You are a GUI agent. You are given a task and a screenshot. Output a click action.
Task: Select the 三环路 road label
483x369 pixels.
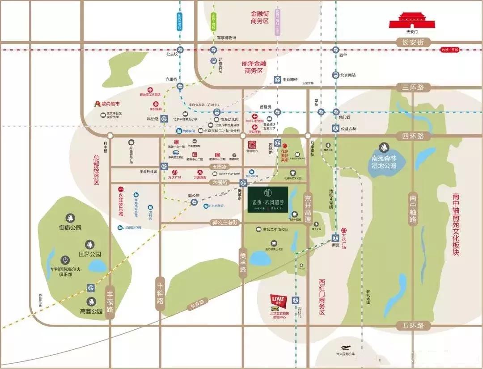click(412, 87)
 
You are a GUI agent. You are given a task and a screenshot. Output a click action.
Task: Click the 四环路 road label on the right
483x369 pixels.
click(412, 136)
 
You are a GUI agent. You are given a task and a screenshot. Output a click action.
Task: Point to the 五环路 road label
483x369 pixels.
click(412, 326)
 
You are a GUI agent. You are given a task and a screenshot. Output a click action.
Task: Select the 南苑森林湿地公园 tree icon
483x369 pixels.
click(384, 147)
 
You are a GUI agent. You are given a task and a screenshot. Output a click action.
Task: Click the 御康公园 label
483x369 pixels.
click(70, 227)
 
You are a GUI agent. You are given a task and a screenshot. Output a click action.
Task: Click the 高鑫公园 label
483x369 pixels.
click(91, 311)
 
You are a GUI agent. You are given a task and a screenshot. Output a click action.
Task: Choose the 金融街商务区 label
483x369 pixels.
click(266, 17)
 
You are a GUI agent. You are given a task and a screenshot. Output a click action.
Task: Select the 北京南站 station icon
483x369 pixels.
click(335, 75)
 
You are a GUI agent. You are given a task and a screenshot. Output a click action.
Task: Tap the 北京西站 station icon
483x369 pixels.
click(214, 61)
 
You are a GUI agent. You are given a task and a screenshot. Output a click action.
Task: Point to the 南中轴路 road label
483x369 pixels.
click(412, 207)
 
